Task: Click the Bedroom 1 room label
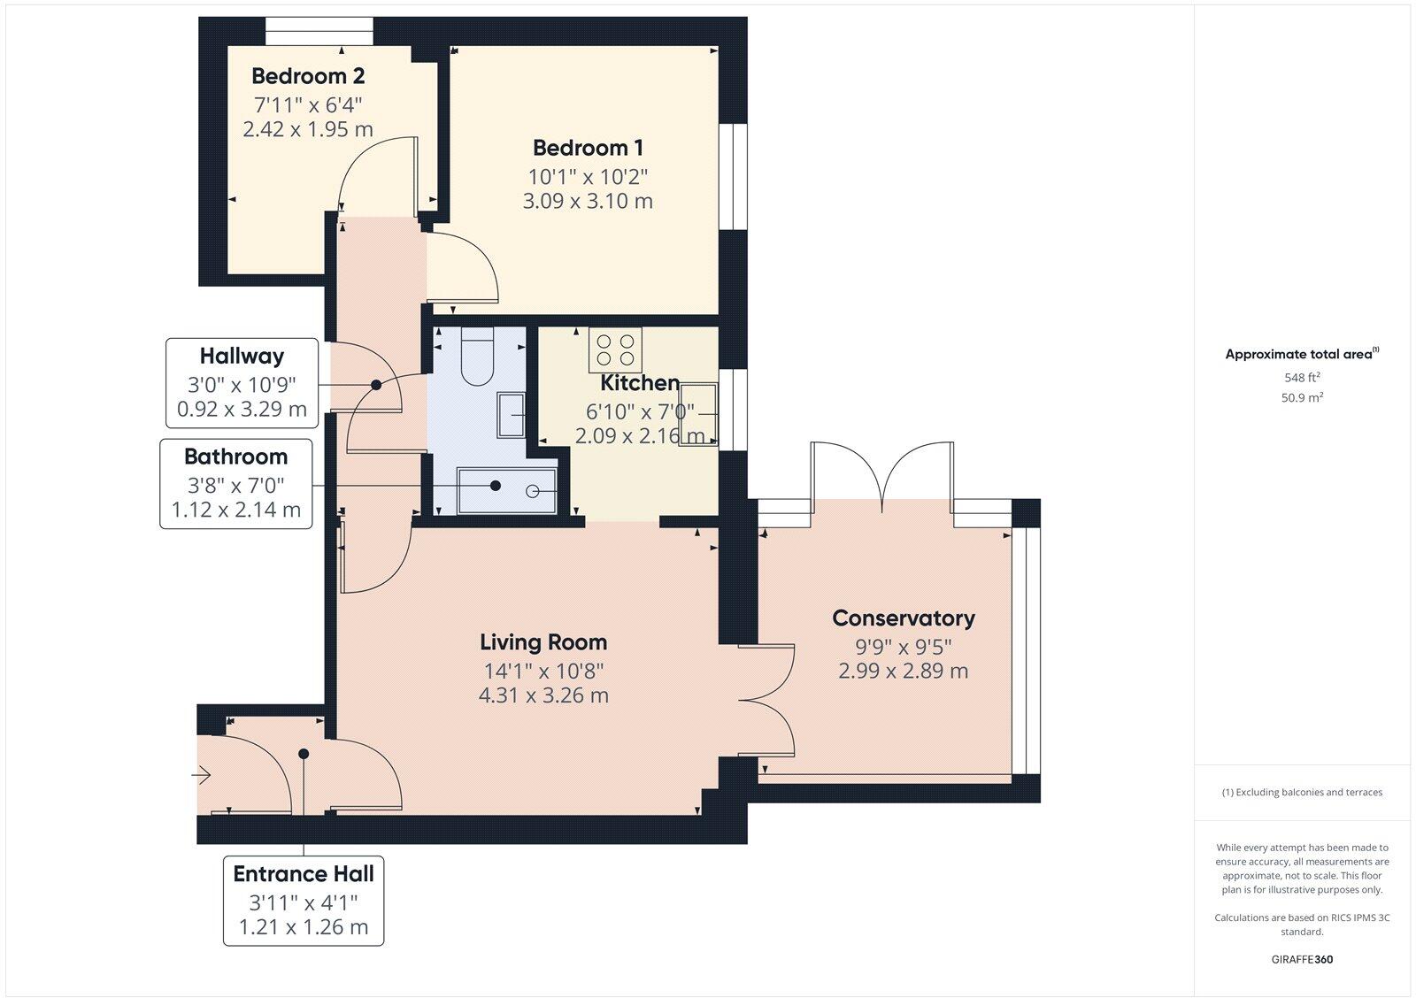pos(588,148)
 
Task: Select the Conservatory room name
pos(903,618)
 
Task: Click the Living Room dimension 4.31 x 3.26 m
pos(543,695)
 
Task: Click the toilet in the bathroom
pos(479,357)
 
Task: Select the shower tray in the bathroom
pos(506,491)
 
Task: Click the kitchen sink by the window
pos(698,413)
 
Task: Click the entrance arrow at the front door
pos(202,776)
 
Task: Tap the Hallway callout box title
pos(242,356)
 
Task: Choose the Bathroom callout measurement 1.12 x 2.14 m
pos(235,510)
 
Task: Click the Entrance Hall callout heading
pos(304,873)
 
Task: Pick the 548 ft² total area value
pos(1302,377)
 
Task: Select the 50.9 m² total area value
pos(1302,398)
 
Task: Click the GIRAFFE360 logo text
pos(1302,959)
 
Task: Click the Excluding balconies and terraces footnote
pos(1302,792)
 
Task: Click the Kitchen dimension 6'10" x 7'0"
pos(639,411)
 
